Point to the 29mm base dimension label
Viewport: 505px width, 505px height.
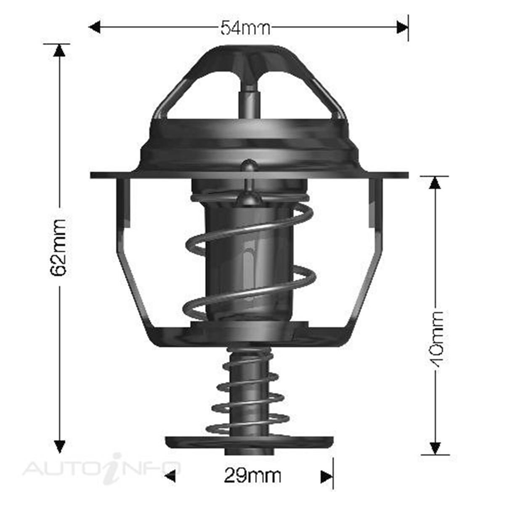pyautogui.click(x=252, y=476)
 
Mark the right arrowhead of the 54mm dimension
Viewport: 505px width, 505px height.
pyautogui.click(x=402, y=28)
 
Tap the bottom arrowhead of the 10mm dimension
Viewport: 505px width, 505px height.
pyautogui.click(x=435, y=448)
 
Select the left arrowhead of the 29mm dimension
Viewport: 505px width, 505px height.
pyautogui.click(x=170, y=476)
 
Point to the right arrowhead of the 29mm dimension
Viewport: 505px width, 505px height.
pyautogui.click(x=327, y=476)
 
